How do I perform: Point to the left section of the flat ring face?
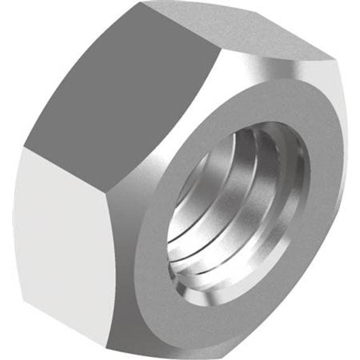coord(155,219)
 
